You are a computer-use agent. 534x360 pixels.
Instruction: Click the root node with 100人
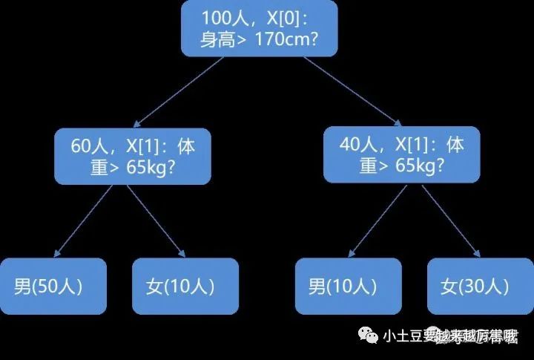(x=260, y=29)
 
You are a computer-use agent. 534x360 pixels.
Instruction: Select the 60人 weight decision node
(x=132, y=155)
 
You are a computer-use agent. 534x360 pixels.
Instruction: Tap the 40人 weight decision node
(x=401, y=154)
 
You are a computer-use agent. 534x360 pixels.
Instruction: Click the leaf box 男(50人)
(x=53, y=286)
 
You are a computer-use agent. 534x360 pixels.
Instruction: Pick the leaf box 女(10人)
(x=185, y=286)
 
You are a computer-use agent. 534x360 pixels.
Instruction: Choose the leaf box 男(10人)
(x=348, y=286)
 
